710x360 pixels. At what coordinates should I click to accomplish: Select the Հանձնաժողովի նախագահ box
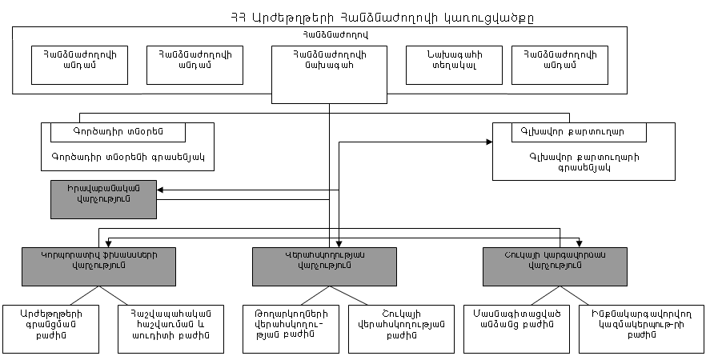(x=330, y=65)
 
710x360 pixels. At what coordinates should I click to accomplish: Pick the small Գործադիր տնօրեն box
(x=118, y=131)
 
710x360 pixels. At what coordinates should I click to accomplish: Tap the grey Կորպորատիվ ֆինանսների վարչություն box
(x=99, y=266)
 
